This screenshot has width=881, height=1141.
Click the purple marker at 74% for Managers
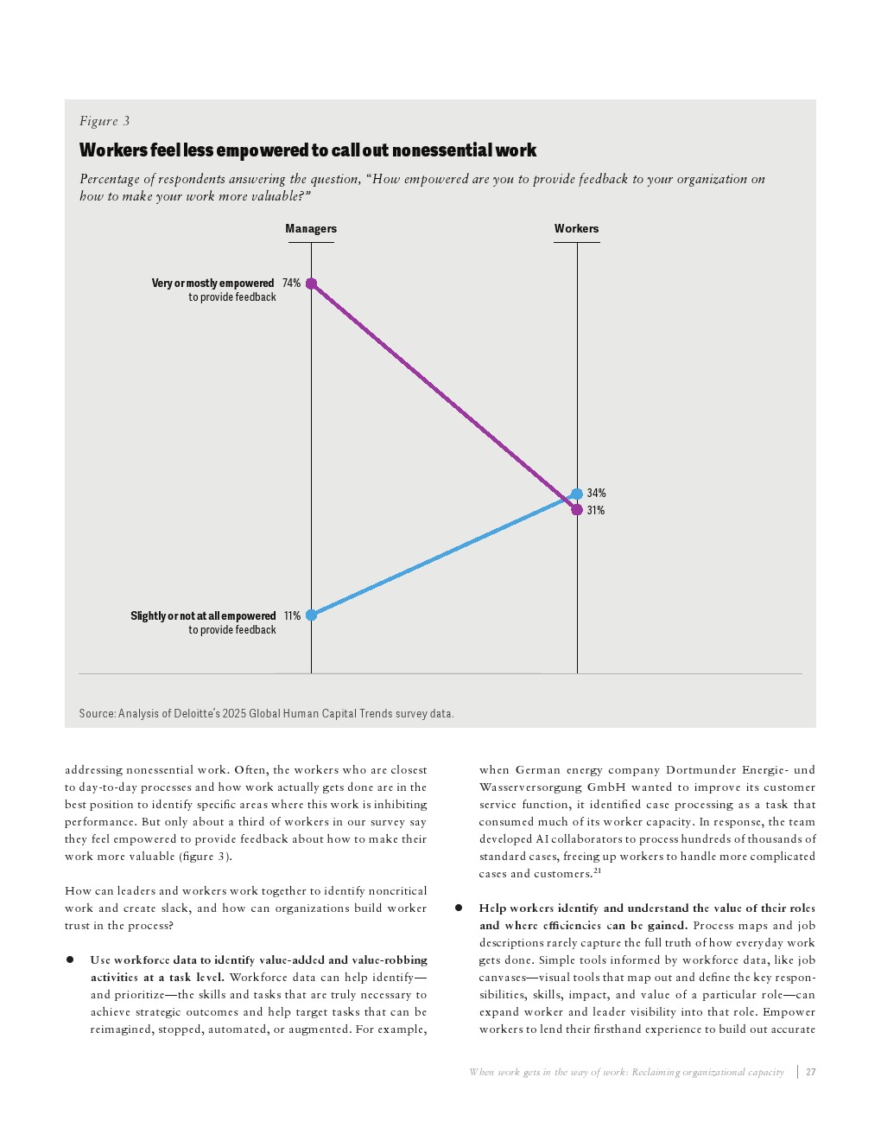[311, 284]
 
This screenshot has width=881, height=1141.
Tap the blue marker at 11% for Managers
[311, 615]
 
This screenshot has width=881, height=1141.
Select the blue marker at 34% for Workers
[577, 494]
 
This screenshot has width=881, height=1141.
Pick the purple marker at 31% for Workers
[577, 510]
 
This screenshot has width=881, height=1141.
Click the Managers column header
[311, 229]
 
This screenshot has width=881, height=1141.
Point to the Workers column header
[576, 229]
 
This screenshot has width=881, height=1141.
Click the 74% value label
[291, 284]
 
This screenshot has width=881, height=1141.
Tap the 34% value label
[596, 494]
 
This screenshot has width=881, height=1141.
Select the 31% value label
[596, 511]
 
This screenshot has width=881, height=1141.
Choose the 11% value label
[292, 616]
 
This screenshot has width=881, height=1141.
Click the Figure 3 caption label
[105, 121]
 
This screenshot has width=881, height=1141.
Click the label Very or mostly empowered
[212, 284]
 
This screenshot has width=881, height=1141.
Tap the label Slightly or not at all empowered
[203, 616]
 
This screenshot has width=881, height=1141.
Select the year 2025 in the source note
[234, 714]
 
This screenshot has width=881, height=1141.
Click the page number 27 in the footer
[810, 1072]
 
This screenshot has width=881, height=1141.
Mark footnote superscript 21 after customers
[597, 871]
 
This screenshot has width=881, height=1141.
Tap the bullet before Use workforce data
[70, 960]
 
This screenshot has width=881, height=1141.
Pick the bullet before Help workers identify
[459, 908]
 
